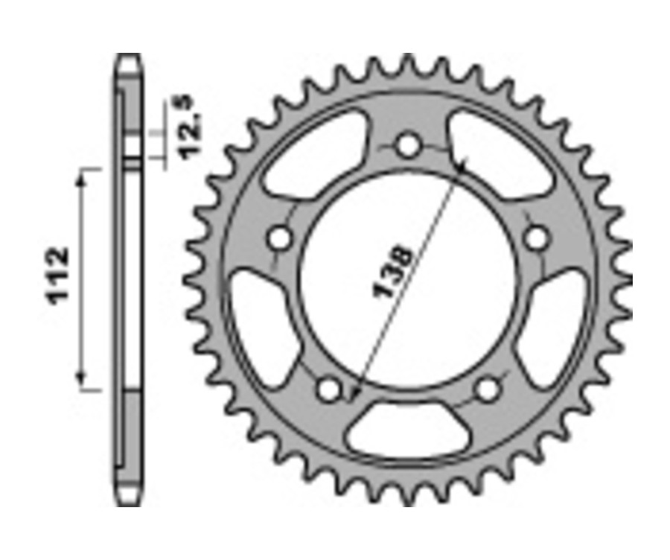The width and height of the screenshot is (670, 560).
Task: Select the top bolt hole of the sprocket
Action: coord(407,144)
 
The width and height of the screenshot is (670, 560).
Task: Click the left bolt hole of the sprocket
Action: coord(281,238)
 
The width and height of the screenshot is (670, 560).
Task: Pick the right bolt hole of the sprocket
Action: coord(536,238)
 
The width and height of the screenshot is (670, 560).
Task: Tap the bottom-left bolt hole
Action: coord(328,388)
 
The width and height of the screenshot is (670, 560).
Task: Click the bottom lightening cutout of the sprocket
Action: coord(407,430)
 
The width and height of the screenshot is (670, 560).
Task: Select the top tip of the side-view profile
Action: coord(129,57)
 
